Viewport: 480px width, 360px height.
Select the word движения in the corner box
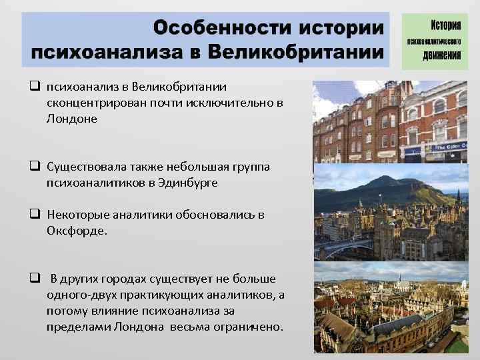click(x=442, y=55)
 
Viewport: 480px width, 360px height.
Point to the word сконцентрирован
click(x=95, y=103)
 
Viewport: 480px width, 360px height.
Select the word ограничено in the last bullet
click(x=251, y=327)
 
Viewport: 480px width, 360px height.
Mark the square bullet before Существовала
click(x=33, y=166)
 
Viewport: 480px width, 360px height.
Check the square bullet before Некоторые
click(x=33, y=215)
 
